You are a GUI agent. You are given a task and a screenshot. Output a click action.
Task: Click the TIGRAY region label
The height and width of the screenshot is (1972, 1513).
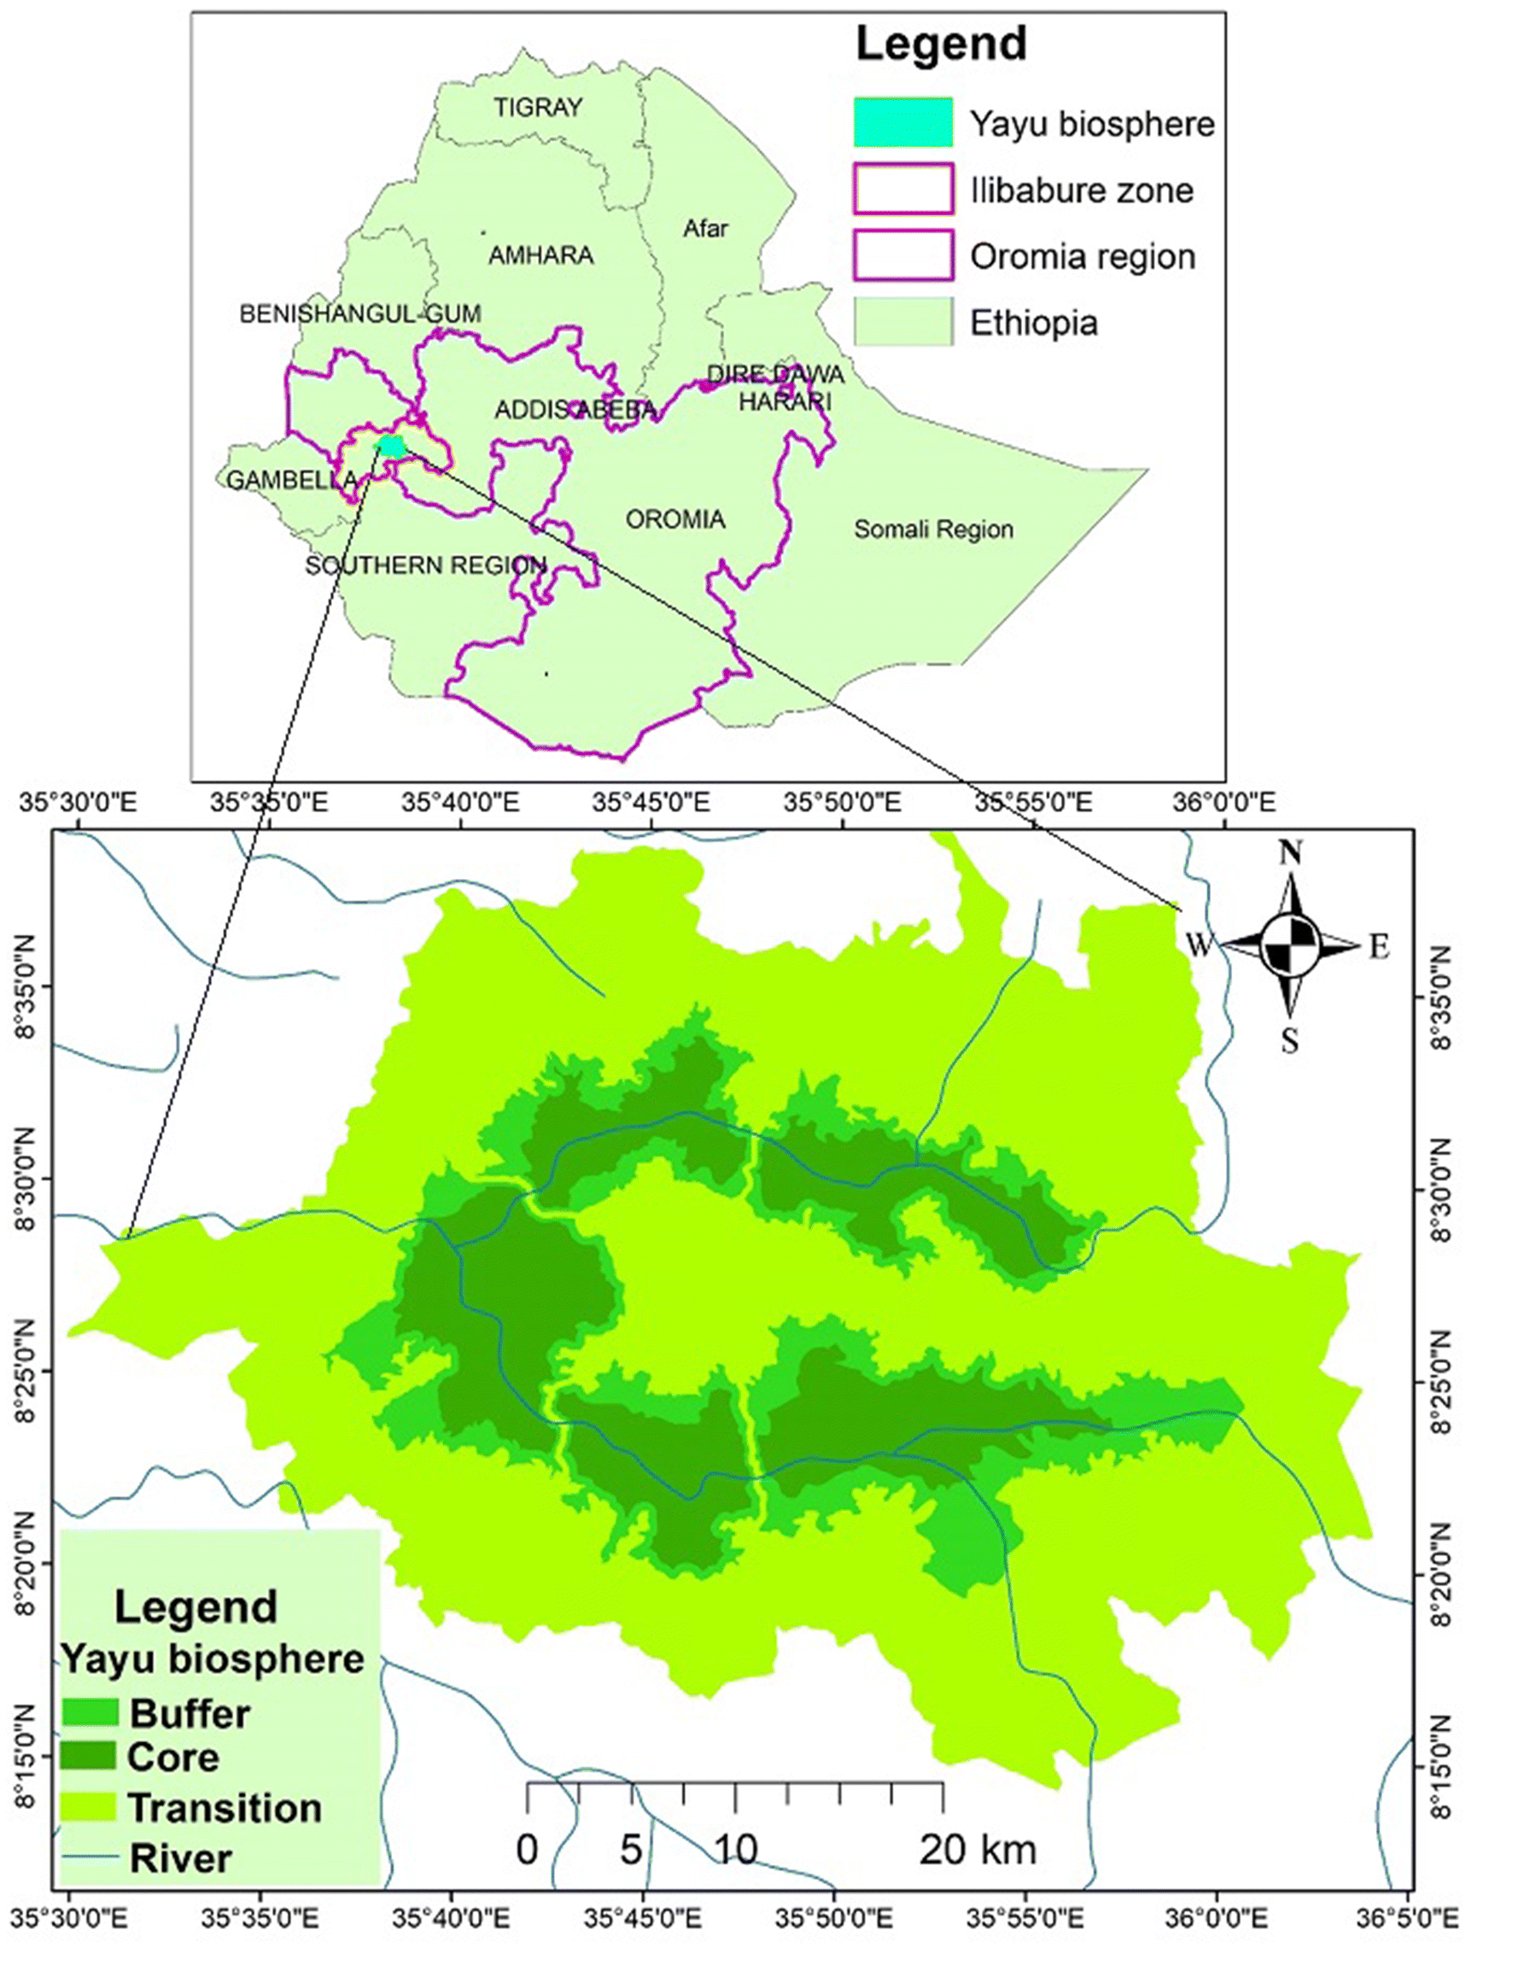tap(538, 108)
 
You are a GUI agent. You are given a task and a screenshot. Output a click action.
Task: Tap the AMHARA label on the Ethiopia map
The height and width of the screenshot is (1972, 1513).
tap(540, 256)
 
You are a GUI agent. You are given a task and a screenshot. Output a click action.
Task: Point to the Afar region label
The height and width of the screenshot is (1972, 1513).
tap(705, 229)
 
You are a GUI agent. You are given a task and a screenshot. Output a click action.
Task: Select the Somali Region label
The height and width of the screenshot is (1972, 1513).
tap(933, 530)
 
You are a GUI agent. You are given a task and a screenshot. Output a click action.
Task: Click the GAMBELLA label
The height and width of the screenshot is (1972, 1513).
tap(291, 480)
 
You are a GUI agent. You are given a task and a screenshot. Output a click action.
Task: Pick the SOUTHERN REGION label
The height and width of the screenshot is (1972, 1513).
tap(426, 565)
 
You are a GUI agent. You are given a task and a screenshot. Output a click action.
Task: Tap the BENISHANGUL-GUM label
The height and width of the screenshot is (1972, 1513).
tap(360, 313)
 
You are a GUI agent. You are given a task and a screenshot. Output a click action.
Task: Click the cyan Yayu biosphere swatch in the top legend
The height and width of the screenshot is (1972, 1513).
tap(903, 122)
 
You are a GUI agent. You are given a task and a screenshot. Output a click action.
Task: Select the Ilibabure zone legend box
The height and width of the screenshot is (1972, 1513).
tap(903, 190)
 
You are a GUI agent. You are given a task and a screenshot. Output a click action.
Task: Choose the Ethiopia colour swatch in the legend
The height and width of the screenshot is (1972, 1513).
tap(903, 322)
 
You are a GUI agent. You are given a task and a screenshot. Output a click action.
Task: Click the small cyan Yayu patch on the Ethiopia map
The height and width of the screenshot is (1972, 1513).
tap(391, 446)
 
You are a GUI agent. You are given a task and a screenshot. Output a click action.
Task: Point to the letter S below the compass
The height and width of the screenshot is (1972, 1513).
tap(1289, 1042)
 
